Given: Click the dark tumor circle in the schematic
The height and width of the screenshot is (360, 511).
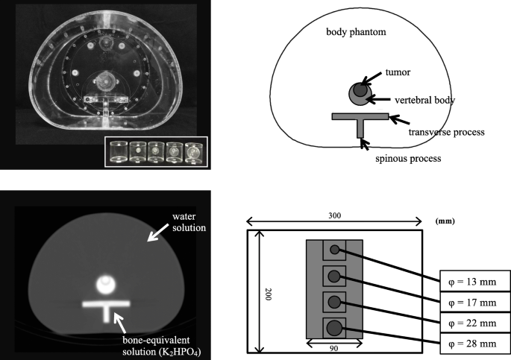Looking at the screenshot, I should [x=360, y=91].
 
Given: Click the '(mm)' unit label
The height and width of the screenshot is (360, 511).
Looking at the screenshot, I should [x=445, y=221].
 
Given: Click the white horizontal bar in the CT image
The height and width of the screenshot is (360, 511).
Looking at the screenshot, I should [x=109, y=304].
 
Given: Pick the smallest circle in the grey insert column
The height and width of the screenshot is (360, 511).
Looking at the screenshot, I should [x=335, y=251].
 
